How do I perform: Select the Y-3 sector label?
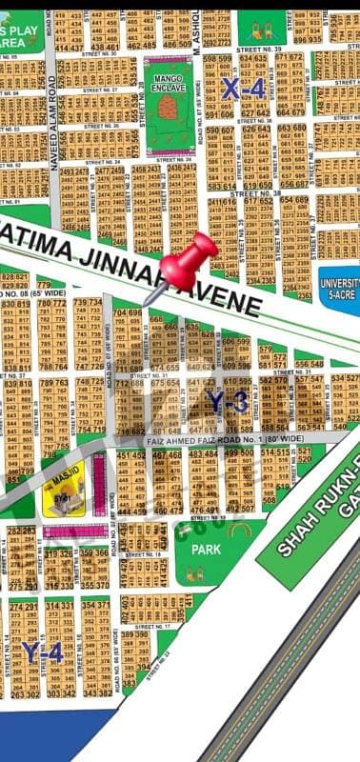(229, 402)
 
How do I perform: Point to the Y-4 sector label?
(43, 652)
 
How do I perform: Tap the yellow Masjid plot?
(64, 489)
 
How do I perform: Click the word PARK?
(206, 550)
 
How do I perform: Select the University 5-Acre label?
(339, 289)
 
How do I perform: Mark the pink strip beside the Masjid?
(99, 484)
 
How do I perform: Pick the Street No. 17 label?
(152, 627)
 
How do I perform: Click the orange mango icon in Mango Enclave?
(168, 106)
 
